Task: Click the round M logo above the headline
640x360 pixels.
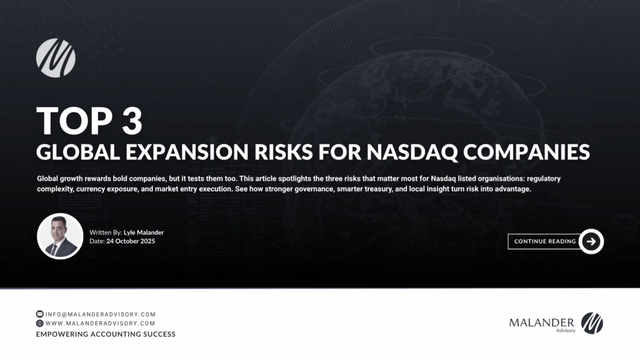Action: pos(56,58)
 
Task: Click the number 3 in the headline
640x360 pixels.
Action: pos(132,121)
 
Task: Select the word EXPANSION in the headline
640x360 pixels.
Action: pos(187,152)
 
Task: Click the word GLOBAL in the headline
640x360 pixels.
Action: pos(78,152)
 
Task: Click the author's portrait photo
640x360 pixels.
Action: pos(60,236)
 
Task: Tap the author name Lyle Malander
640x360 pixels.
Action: pos(144,232)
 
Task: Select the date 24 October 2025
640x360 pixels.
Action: pos(131,241)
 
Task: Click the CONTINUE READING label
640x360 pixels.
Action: pos(545,241)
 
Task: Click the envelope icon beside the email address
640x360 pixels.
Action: pos(39,314)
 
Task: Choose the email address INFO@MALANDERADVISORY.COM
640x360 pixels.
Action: pos(101,314)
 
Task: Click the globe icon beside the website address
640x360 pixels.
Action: pos(39,323)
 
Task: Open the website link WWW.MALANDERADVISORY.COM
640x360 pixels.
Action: pos(101,323)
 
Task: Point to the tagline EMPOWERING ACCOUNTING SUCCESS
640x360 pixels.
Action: pos(106,334)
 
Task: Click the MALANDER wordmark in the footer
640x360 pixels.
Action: pos(542,323)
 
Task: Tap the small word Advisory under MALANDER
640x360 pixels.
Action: pos(566,331)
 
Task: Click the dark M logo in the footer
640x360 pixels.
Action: pos(592,323)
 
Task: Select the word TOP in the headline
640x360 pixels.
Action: pos(75,121)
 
